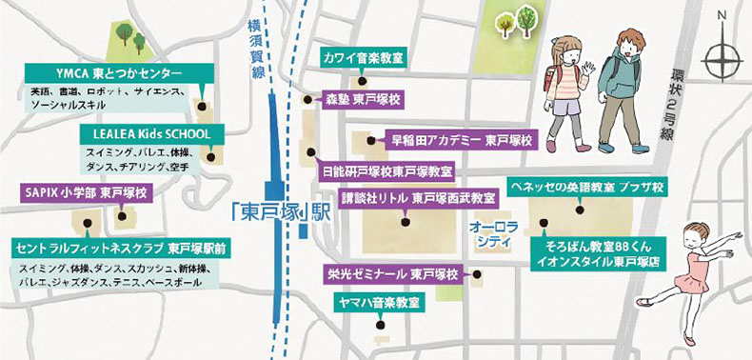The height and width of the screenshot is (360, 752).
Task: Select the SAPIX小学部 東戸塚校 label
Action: pyautogui.click(x=84, y=192)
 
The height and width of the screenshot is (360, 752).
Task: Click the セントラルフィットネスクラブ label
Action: pyautogui.click(x=117, y=248)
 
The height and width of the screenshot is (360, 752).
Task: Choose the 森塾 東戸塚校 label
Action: pyautogui.click(x=359, y=98)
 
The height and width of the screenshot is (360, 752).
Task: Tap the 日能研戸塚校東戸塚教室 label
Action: pyautogui.click(x=386, y=172)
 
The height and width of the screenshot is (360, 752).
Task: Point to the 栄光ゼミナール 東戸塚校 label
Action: pyautogui.click(x=392, y=273)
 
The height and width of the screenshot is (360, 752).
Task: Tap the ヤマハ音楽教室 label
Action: pyautogui.click(x=380, y=303)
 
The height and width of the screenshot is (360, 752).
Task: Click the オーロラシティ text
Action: pyautogui.click(x=489, y=235)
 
